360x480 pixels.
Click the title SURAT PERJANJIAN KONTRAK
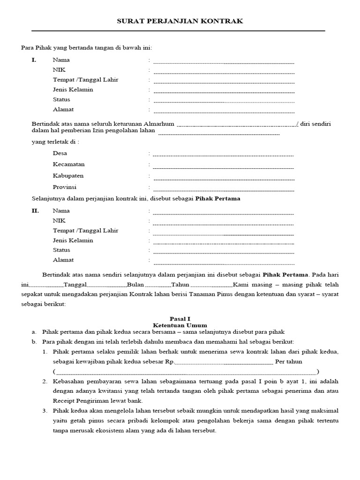[x=180, y=22]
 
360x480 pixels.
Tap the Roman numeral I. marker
[x=34, y=60]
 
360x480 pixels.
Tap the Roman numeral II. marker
[x=35, y=211]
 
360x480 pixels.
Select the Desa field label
[x=60, y=153]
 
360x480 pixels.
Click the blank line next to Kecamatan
[x=224, y=166]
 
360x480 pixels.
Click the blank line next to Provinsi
[x=224, y=189]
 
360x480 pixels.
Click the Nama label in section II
[x=61, y=211]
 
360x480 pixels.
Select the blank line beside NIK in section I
[x=224, y=72]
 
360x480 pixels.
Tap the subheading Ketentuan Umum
[x=180, y=325]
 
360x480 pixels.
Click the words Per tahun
[x=289, y=362]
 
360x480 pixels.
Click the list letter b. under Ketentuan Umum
[x=34, y=342]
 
